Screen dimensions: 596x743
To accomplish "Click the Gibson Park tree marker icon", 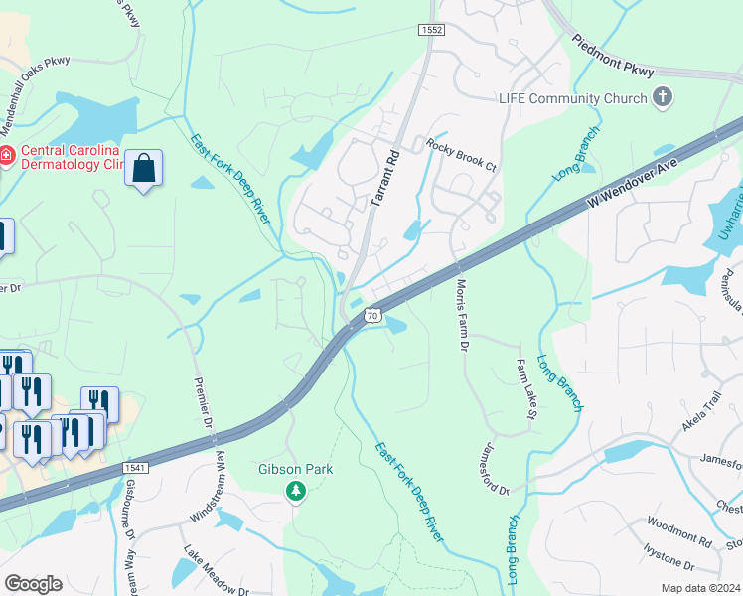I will click(295, 491).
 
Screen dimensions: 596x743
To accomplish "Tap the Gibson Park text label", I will click(295, 469).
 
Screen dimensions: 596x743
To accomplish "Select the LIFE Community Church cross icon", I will click(663, 97).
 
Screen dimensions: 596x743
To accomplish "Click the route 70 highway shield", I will click(371, 315).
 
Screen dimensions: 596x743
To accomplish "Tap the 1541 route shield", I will click(135, 468).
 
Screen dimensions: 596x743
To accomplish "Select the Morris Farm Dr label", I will click(462, 314).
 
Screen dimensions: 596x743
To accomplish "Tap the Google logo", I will click(33, 584).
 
